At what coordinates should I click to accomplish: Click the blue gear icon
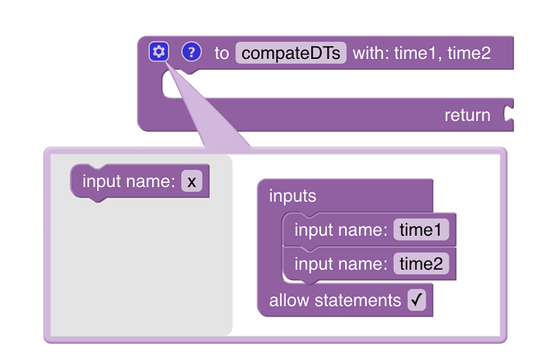159,52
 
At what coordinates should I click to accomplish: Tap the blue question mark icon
192,52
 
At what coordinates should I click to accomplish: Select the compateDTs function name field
291,53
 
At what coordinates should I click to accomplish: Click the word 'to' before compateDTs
222,53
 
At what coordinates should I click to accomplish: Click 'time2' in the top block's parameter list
469,53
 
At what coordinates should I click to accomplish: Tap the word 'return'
467,116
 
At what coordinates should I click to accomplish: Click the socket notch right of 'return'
509,115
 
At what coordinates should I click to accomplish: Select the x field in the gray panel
192,182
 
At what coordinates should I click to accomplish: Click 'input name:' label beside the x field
129,182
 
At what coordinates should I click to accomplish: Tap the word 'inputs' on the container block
292,196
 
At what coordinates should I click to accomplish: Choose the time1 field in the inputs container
421,230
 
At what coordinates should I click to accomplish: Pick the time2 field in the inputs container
421,264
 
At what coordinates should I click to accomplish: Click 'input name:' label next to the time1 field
340,230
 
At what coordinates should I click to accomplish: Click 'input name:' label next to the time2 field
340,264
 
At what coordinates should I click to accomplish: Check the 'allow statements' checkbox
417,299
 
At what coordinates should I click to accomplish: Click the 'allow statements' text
334,299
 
